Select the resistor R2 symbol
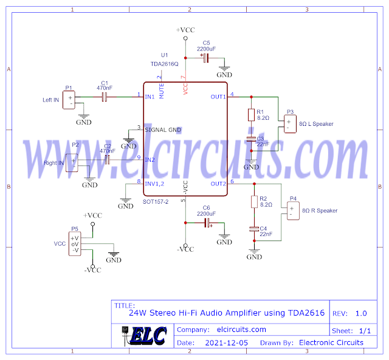(255, 202)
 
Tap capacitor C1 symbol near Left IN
(104, 96)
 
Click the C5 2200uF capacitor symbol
(205, 58)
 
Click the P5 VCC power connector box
(75, 244)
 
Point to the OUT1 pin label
(218, 96)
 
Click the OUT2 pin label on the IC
(218, 184)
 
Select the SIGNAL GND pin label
(163, 130)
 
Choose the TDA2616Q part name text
(165, 63)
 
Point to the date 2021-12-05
(225, 343)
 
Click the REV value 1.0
(361, 314)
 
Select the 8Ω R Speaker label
(320, 211)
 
